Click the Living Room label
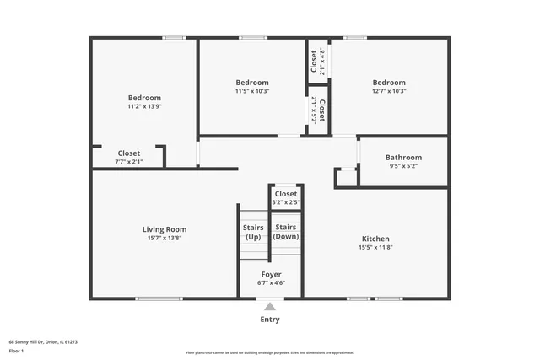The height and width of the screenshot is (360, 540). pos(165,229)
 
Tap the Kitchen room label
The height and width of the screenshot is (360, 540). pos(375,239)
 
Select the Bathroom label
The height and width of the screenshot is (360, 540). pos(403,158)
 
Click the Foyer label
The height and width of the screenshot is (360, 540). pos(271,275)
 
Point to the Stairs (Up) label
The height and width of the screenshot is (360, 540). pos(253,232)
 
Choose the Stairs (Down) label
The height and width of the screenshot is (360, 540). pos(285,232)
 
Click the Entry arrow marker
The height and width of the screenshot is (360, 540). pos(270,307)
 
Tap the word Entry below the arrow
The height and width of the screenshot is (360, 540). pos(270,320)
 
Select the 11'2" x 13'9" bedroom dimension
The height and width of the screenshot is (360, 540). pos(144,107)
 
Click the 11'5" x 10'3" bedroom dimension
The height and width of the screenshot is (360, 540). pos(252,91)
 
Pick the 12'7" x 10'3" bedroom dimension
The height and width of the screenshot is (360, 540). pos(389,91)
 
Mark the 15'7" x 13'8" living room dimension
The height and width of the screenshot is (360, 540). pos(165,239)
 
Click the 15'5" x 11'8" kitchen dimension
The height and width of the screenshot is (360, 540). pos(375,248)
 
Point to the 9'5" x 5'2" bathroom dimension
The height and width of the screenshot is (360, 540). pos(403,166)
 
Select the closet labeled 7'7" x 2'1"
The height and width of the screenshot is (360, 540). pos(129,157)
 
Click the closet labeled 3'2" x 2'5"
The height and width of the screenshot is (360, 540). pos(286,198)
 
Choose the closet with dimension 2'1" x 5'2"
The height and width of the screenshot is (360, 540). pos(317,110)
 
